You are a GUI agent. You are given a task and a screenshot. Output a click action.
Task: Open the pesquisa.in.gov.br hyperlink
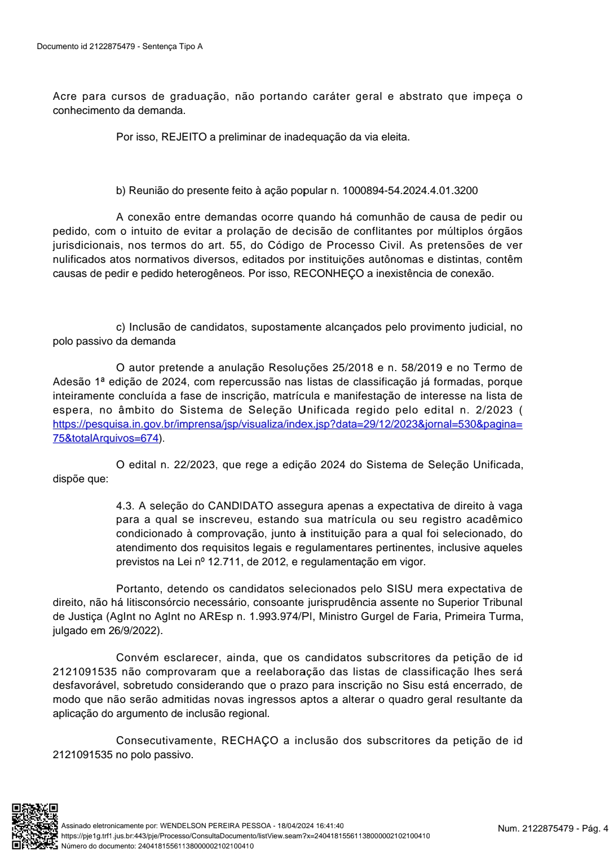coord(287,424)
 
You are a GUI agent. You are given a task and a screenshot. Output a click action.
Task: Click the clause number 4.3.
coord(125,505)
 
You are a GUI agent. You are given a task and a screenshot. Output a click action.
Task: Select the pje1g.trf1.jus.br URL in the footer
coord(245,835)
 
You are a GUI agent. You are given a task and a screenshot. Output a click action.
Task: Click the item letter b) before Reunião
coord(121,191)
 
